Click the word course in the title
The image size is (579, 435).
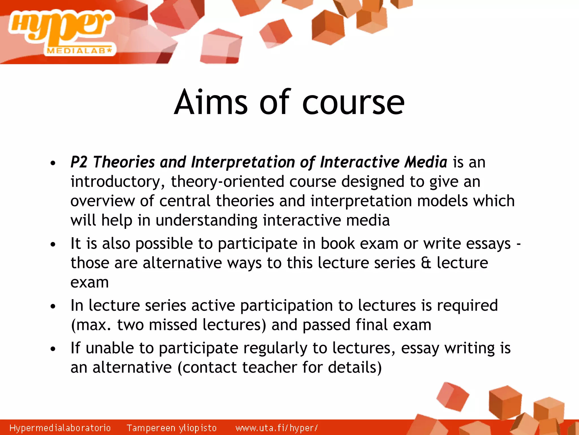click(x=353, y=103)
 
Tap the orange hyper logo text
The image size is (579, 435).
click(x=61, y=27)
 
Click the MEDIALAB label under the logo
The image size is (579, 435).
click(x=79, y=51)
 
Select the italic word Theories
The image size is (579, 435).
click(x=124, y=162)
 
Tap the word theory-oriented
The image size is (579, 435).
click(x=227, y=182)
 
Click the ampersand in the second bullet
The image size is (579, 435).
click(x=426, y=263)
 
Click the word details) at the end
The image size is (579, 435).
click(x=355, y=367)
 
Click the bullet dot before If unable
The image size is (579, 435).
click(x=53, y=349)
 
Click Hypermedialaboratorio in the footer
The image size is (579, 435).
click(x=60, y=428)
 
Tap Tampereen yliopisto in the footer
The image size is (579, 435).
click(x=172, y=428)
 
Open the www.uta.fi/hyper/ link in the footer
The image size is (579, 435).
click(x=276, y=428)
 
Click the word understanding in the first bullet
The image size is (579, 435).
click(x=206, y=220)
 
